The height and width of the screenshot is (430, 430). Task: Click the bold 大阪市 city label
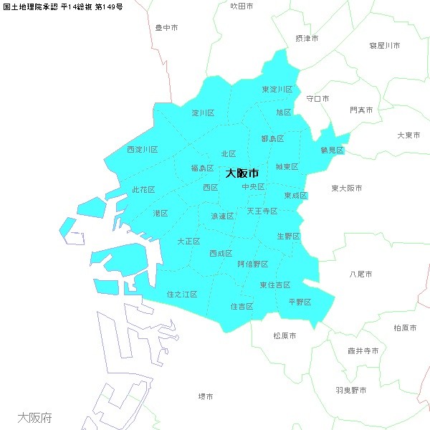click(242, 173)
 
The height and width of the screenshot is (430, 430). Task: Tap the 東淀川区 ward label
click(277, 90)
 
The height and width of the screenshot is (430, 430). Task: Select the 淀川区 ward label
click(203, 113)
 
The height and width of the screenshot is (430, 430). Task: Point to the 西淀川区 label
click(142, 150)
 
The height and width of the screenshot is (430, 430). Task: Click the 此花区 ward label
click(143, 190)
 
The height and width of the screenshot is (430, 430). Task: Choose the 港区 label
click(160, 214)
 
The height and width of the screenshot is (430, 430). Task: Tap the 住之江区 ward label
click(181, 295)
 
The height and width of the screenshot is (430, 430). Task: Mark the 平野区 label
click(300, 302)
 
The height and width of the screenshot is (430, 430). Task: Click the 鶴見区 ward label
click(333, 150)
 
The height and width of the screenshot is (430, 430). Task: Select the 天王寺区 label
click(262, 211)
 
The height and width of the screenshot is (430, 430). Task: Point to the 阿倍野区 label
click(252, 264)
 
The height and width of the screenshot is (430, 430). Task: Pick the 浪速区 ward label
click(222, 216)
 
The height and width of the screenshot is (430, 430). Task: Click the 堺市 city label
click(206, 396)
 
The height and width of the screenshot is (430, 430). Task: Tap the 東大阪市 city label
click(347, 188)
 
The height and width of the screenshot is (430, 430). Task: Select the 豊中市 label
click(167, 28)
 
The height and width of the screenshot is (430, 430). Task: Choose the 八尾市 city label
click(360, 274)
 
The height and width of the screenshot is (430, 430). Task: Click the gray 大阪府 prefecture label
click(34, 417)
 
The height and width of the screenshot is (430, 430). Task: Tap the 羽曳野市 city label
click(350, 391)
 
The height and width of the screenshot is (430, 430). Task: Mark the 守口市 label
click(317, 98)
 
